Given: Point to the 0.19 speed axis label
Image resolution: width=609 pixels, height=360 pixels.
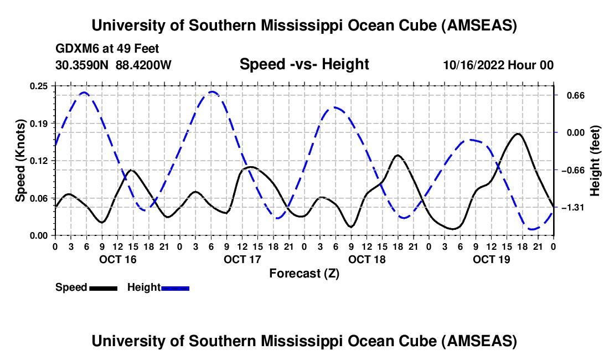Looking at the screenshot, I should [40, 123].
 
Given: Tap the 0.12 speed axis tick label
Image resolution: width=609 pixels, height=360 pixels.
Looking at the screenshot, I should [40, 161].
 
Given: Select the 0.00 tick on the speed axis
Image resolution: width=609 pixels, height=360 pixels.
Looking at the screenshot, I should [40, 235].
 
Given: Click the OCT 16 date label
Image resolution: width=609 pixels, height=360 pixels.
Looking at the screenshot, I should [118, 259].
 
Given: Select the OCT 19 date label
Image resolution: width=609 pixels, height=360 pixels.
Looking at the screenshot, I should [492, 259].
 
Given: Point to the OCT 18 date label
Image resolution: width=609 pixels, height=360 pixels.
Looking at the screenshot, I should [367, 259].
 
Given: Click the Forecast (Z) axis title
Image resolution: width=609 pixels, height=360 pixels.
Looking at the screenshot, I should [304, 273].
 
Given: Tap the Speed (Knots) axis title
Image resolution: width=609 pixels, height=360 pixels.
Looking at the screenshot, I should [20, 161].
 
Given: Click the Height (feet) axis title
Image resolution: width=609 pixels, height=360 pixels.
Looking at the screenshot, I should [595, 161].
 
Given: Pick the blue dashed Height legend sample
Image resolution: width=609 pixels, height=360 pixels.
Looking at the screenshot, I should [175, 288].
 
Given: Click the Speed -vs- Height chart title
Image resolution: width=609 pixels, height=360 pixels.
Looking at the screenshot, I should [304, 64].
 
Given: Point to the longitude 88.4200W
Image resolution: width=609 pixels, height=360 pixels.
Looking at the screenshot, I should [144, 65].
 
